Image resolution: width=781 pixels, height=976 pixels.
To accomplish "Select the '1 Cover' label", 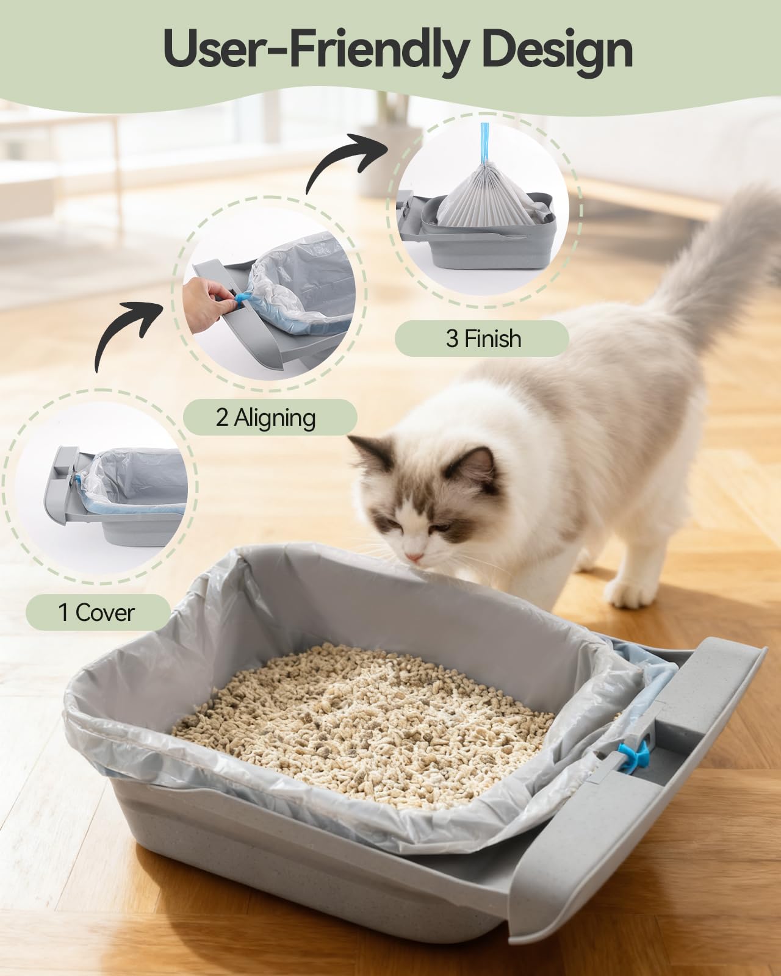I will pos(96,612).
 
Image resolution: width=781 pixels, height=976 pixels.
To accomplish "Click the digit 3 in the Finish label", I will pos(452,338).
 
